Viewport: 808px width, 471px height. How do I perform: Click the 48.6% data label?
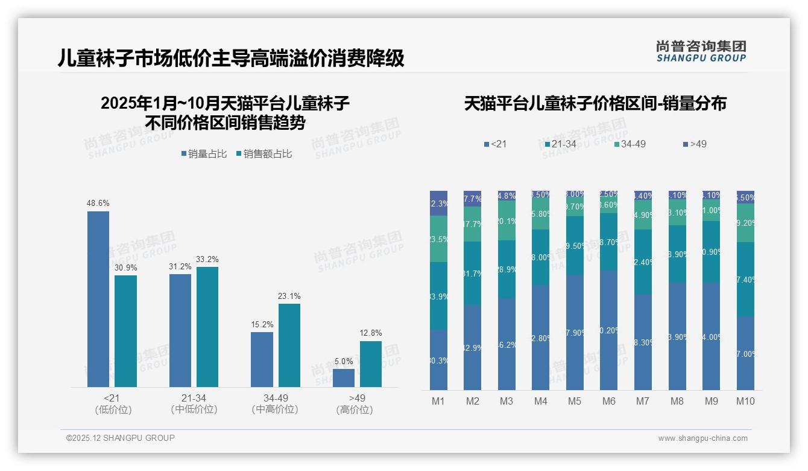pyautogui.click(x=98, y=203)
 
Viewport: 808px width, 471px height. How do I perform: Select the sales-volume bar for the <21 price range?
pyautogui.click(x=98, y=299)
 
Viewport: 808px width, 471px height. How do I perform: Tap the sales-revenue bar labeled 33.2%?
pyautogui.click(x=207, y=327)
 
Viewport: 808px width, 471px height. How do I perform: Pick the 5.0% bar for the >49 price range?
pyautogui.click(x=344, y=378)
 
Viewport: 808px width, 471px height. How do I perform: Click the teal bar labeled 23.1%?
pyautogui.click(x=289, y=345)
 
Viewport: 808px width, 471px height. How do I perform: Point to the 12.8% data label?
pyautogui.click(x=371, y=333)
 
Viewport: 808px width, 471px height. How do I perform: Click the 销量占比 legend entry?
pyautogui.click(x=204, y=154)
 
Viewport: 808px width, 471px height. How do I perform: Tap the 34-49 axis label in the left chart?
pyautogui.click(x=276, y=399)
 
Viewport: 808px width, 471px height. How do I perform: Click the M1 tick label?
pyautogui.click(x=438, y=402)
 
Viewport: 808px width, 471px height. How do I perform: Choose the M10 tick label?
pyautogui.click(x=745, y=402)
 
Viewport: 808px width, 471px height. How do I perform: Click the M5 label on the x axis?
pyautogui.click(x=575, y=402)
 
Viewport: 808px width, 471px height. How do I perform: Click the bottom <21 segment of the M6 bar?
pyautogui.click(x=609, y=330)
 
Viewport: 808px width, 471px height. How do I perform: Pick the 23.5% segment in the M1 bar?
pyautogui.click(x=438, y=239)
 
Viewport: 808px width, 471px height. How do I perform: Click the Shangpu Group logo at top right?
pyautogui.click(x=701, y=51)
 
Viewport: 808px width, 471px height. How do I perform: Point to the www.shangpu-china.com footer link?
pyautogui.click(x=702, y=438)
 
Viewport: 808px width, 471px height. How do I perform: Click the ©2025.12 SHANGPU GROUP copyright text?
pyautogui.click(x=121, y=438)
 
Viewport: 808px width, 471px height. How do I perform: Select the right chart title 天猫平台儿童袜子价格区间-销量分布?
pyautogui.click(x=595, y=104)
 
